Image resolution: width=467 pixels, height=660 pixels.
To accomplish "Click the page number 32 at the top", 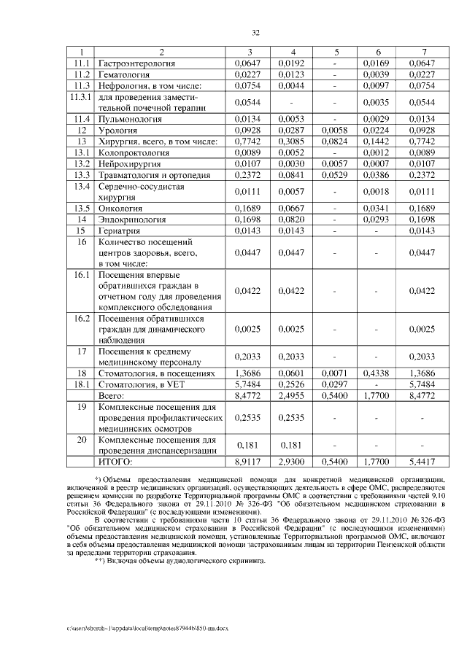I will (255, 33).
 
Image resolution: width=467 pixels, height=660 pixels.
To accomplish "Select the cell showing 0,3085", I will (293, 141).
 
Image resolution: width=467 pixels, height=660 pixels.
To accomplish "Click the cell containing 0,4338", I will (379, 373).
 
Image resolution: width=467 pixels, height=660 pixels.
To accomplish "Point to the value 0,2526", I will (293, 384).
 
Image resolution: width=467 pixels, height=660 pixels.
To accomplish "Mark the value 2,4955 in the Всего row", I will (293, 395).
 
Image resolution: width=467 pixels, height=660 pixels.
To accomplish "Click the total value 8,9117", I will (249, 462).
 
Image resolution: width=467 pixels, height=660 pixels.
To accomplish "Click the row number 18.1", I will (82, 384).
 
